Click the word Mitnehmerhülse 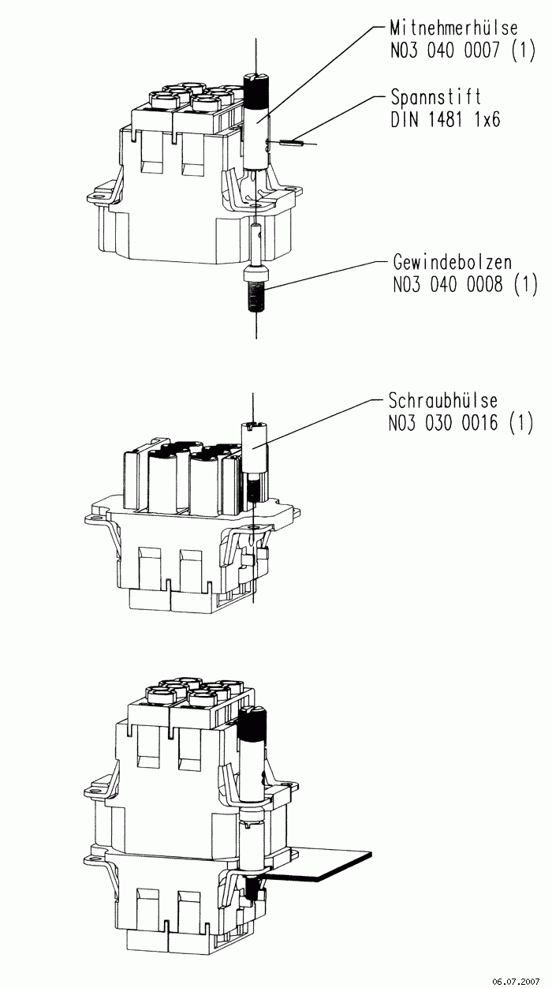[453, 28]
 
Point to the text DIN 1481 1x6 [446, 119]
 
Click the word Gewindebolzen [453, 262]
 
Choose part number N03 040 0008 [447, 284]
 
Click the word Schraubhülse [442, 401]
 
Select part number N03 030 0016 [442, 423]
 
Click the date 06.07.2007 [516, 981]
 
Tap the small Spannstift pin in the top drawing [292, 142]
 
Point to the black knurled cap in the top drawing [256, 91]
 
